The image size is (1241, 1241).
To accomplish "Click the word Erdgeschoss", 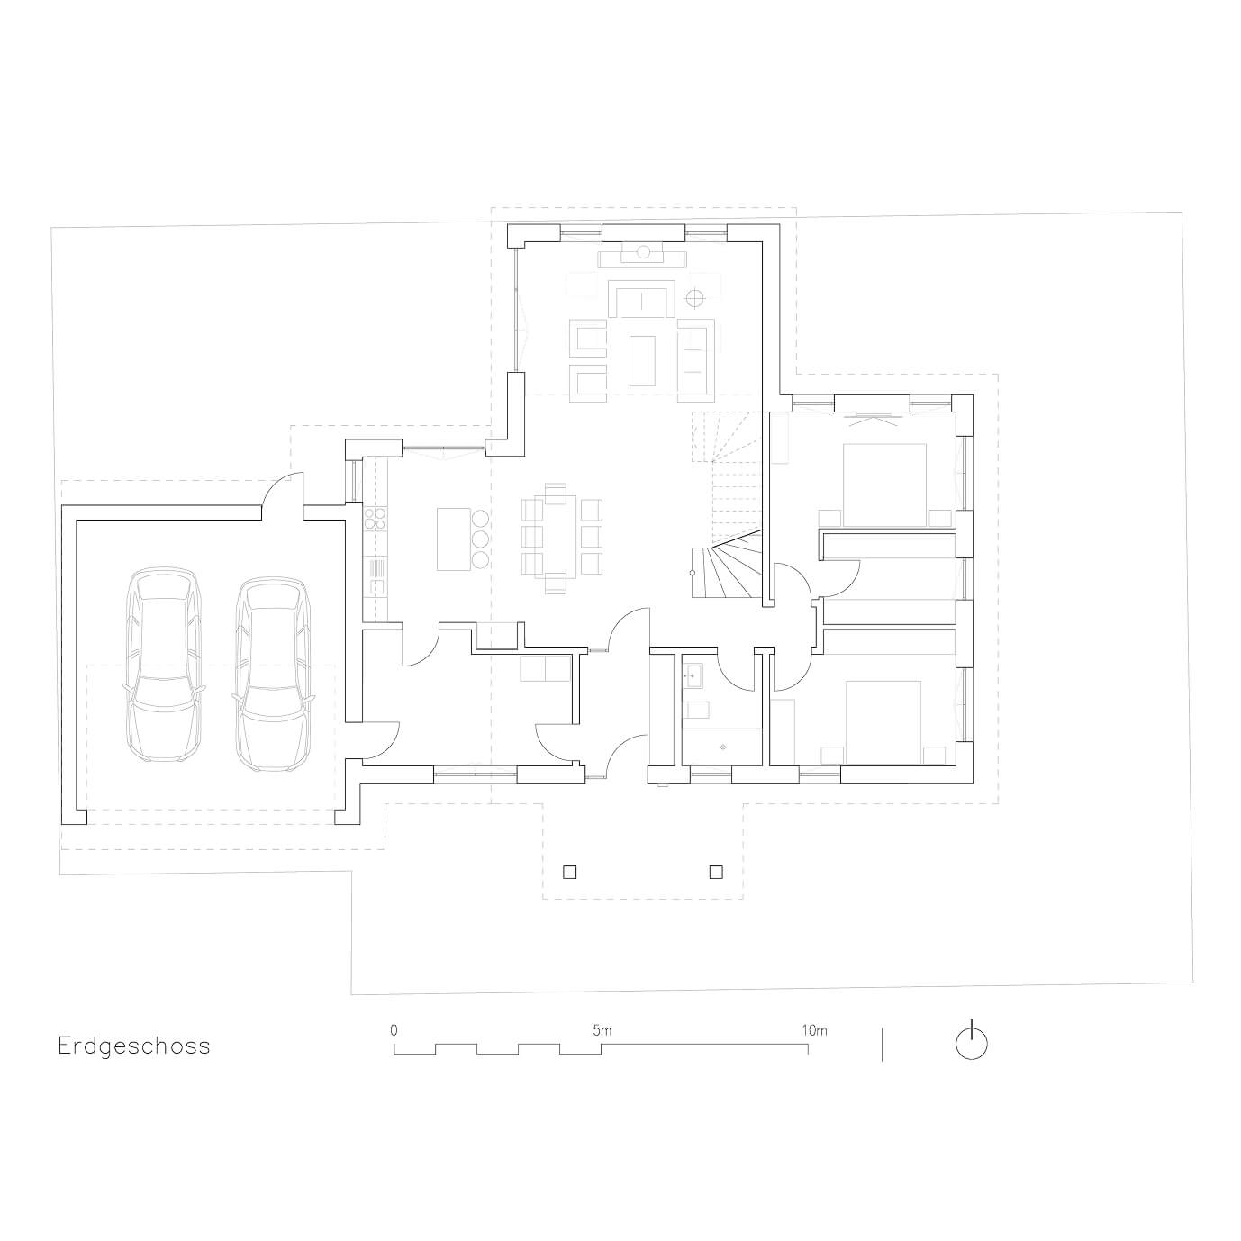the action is click(134, 1046).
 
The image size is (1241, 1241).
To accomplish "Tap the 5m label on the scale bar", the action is click(602, 1031).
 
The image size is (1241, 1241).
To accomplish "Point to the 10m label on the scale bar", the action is click(815, 1031).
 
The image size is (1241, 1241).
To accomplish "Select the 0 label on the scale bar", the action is click(394, 1031).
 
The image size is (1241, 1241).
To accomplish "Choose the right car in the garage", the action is click(273, 673).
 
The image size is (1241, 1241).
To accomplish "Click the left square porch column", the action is click(569, 872).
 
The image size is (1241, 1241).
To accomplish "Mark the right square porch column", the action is click(715, 872).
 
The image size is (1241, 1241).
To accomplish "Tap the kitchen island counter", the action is click(453, 539).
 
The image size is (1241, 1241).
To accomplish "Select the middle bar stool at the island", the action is click(480, 539).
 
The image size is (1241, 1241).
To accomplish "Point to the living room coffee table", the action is click(642, 360).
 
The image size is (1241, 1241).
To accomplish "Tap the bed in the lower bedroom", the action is click(884, 722).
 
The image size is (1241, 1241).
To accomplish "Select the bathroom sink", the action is click(693, 675).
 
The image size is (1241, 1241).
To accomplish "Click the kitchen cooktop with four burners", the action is click(375, 519).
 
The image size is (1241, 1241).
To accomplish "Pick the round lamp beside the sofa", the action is click(694, 297).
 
